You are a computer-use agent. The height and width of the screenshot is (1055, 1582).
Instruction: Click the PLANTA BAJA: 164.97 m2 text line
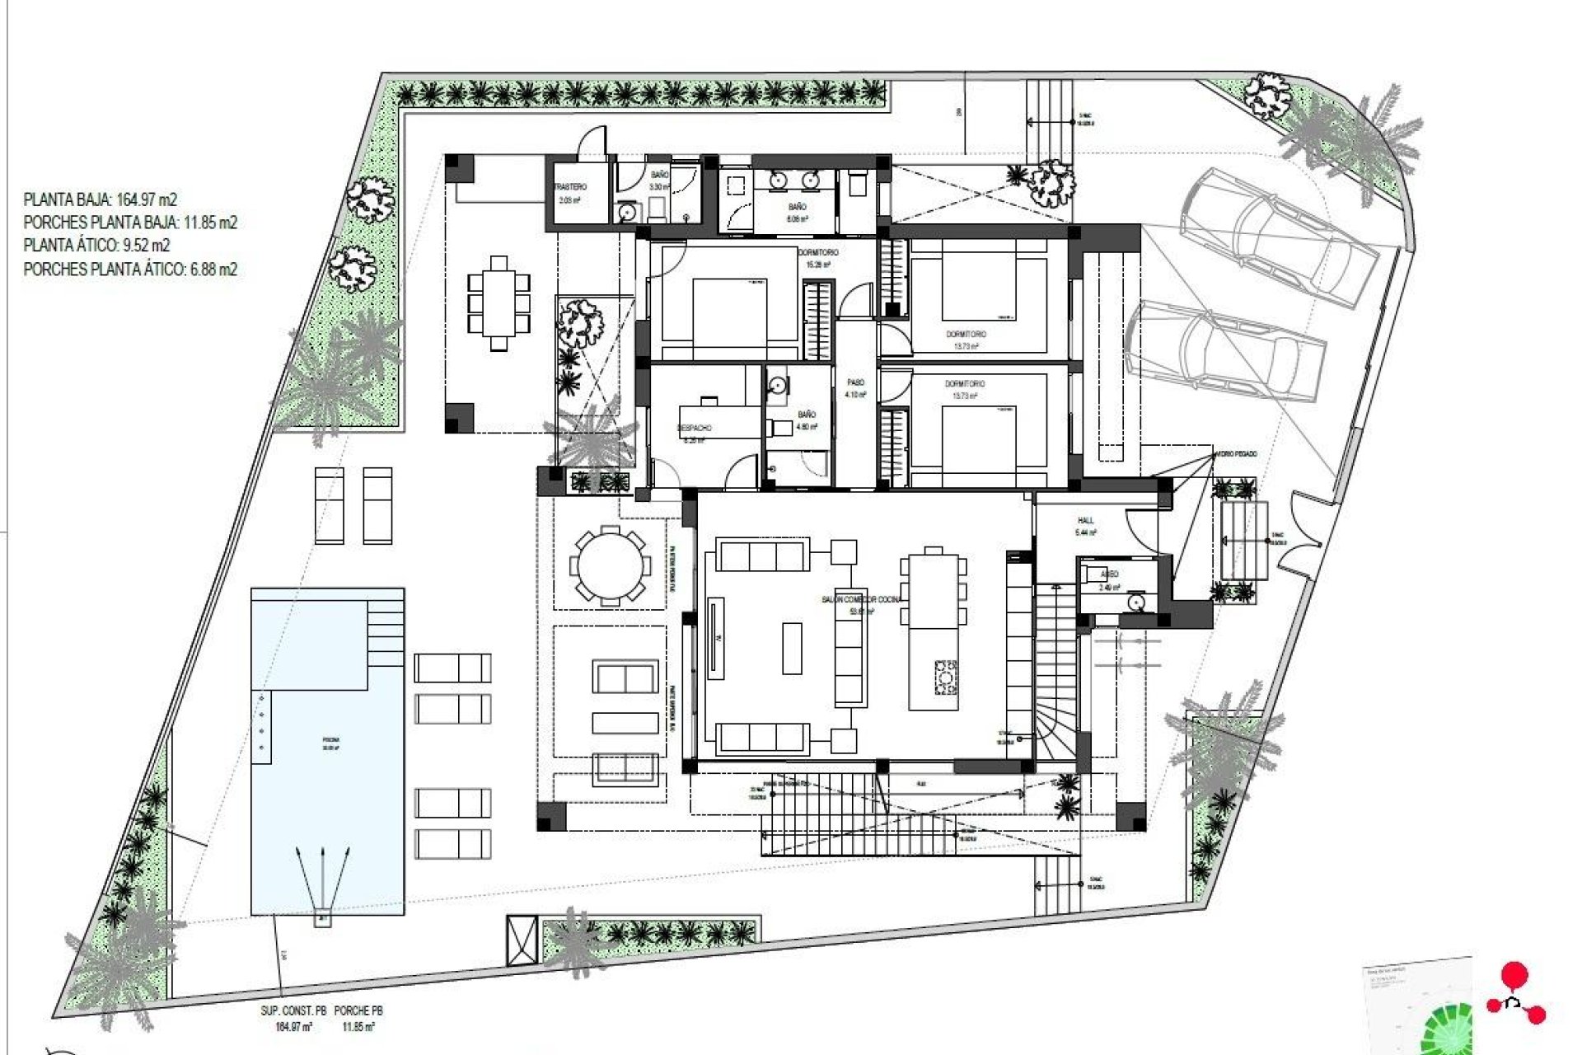click(x=100, y=199)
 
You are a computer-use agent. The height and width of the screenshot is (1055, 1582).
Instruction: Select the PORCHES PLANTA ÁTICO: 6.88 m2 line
click(x=130, y=270)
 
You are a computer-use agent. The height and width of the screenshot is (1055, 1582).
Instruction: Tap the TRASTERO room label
click(x=570, y=188)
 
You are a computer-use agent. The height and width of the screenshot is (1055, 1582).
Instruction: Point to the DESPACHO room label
click(x=694, y=429)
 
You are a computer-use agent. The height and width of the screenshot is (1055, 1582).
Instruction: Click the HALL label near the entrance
click(x=1085, y=521)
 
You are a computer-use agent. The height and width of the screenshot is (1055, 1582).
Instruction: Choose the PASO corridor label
click(x=856, y=383)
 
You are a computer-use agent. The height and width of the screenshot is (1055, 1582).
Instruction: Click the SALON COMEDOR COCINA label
click(x=861, y=600)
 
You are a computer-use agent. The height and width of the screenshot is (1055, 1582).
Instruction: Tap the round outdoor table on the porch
click(x=610, y=565)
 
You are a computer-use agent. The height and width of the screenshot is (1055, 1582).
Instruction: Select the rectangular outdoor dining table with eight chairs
click(x=498, y=303)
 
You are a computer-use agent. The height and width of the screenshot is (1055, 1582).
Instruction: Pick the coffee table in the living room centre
click(x=791, y=648)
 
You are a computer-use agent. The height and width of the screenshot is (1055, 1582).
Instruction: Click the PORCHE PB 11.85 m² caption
click(x=358, y=1019)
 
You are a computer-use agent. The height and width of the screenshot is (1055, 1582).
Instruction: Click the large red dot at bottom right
click(x=1514, y=977)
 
